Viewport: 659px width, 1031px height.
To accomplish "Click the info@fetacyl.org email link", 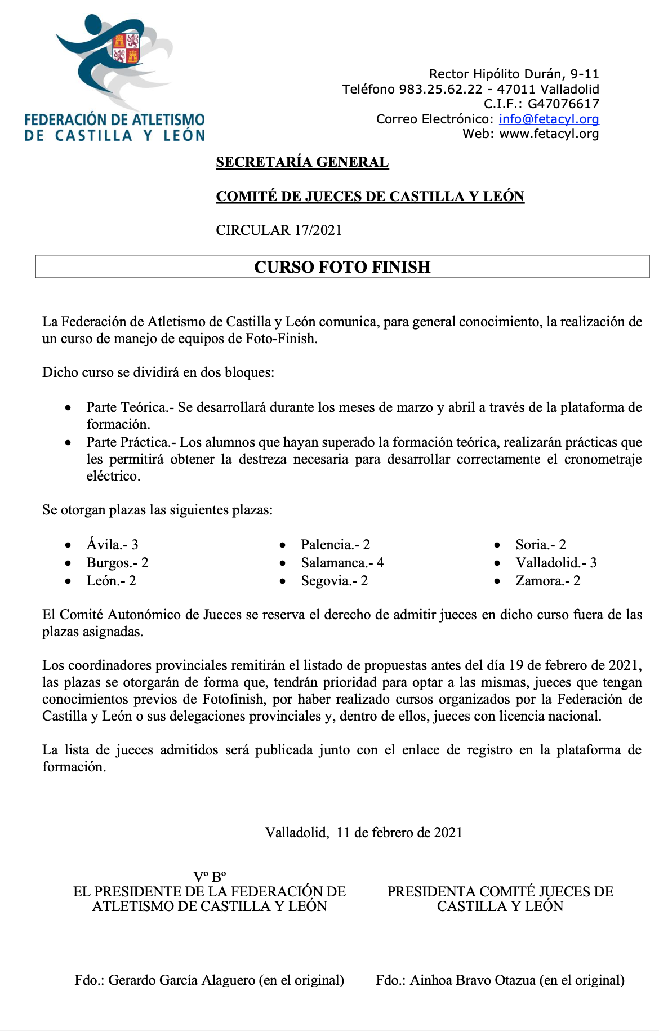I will tap(549, 119).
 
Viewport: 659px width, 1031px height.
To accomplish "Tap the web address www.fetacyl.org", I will tap(549, 134).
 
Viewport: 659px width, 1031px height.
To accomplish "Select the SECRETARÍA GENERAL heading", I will tap(302, 162).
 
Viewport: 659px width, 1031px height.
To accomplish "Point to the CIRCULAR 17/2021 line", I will tap(279, 230).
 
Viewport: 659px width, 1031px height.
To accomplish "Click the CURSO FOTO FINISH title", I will tap(342, 266).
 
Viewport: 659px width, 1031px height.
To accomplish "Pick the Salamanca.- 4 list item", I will tap(342, 562).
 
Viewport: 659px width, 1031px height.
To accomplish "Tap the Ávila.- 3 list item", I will tap(112, 544).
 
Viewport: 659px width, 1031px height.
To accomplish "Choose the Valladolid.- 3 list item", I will tap(556, 562).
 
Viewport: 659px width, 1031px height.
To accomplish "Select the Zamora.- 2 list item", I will tap(547, 580).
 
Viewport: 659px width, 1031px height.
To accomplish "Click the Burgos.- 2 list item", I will tap(117, 562).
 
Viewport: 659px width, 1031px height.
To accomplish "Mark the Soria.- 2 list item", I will tap(541, 544).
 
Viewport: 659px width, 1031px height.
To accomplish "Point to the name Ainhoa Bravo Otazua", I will tap(473, 980).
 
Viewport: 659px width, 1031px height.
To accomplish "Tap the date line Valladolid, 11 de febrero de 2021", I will tap(364, 832).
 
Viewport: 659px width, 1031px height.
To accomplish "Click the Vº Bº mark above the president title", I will tap(210, 877).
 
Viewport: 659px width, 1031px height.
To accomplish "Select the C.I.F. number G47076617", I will tap(563, 104).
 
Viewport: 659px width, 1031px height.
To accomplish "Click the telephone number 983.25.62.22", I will tap(440, 89).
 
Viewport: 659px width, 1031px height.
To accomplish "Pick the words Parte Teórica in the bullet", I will tap(127, 407).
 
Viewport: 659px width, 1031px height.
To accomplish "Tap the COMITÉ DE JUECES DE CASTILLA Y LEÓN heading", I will tap(370, 196).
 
